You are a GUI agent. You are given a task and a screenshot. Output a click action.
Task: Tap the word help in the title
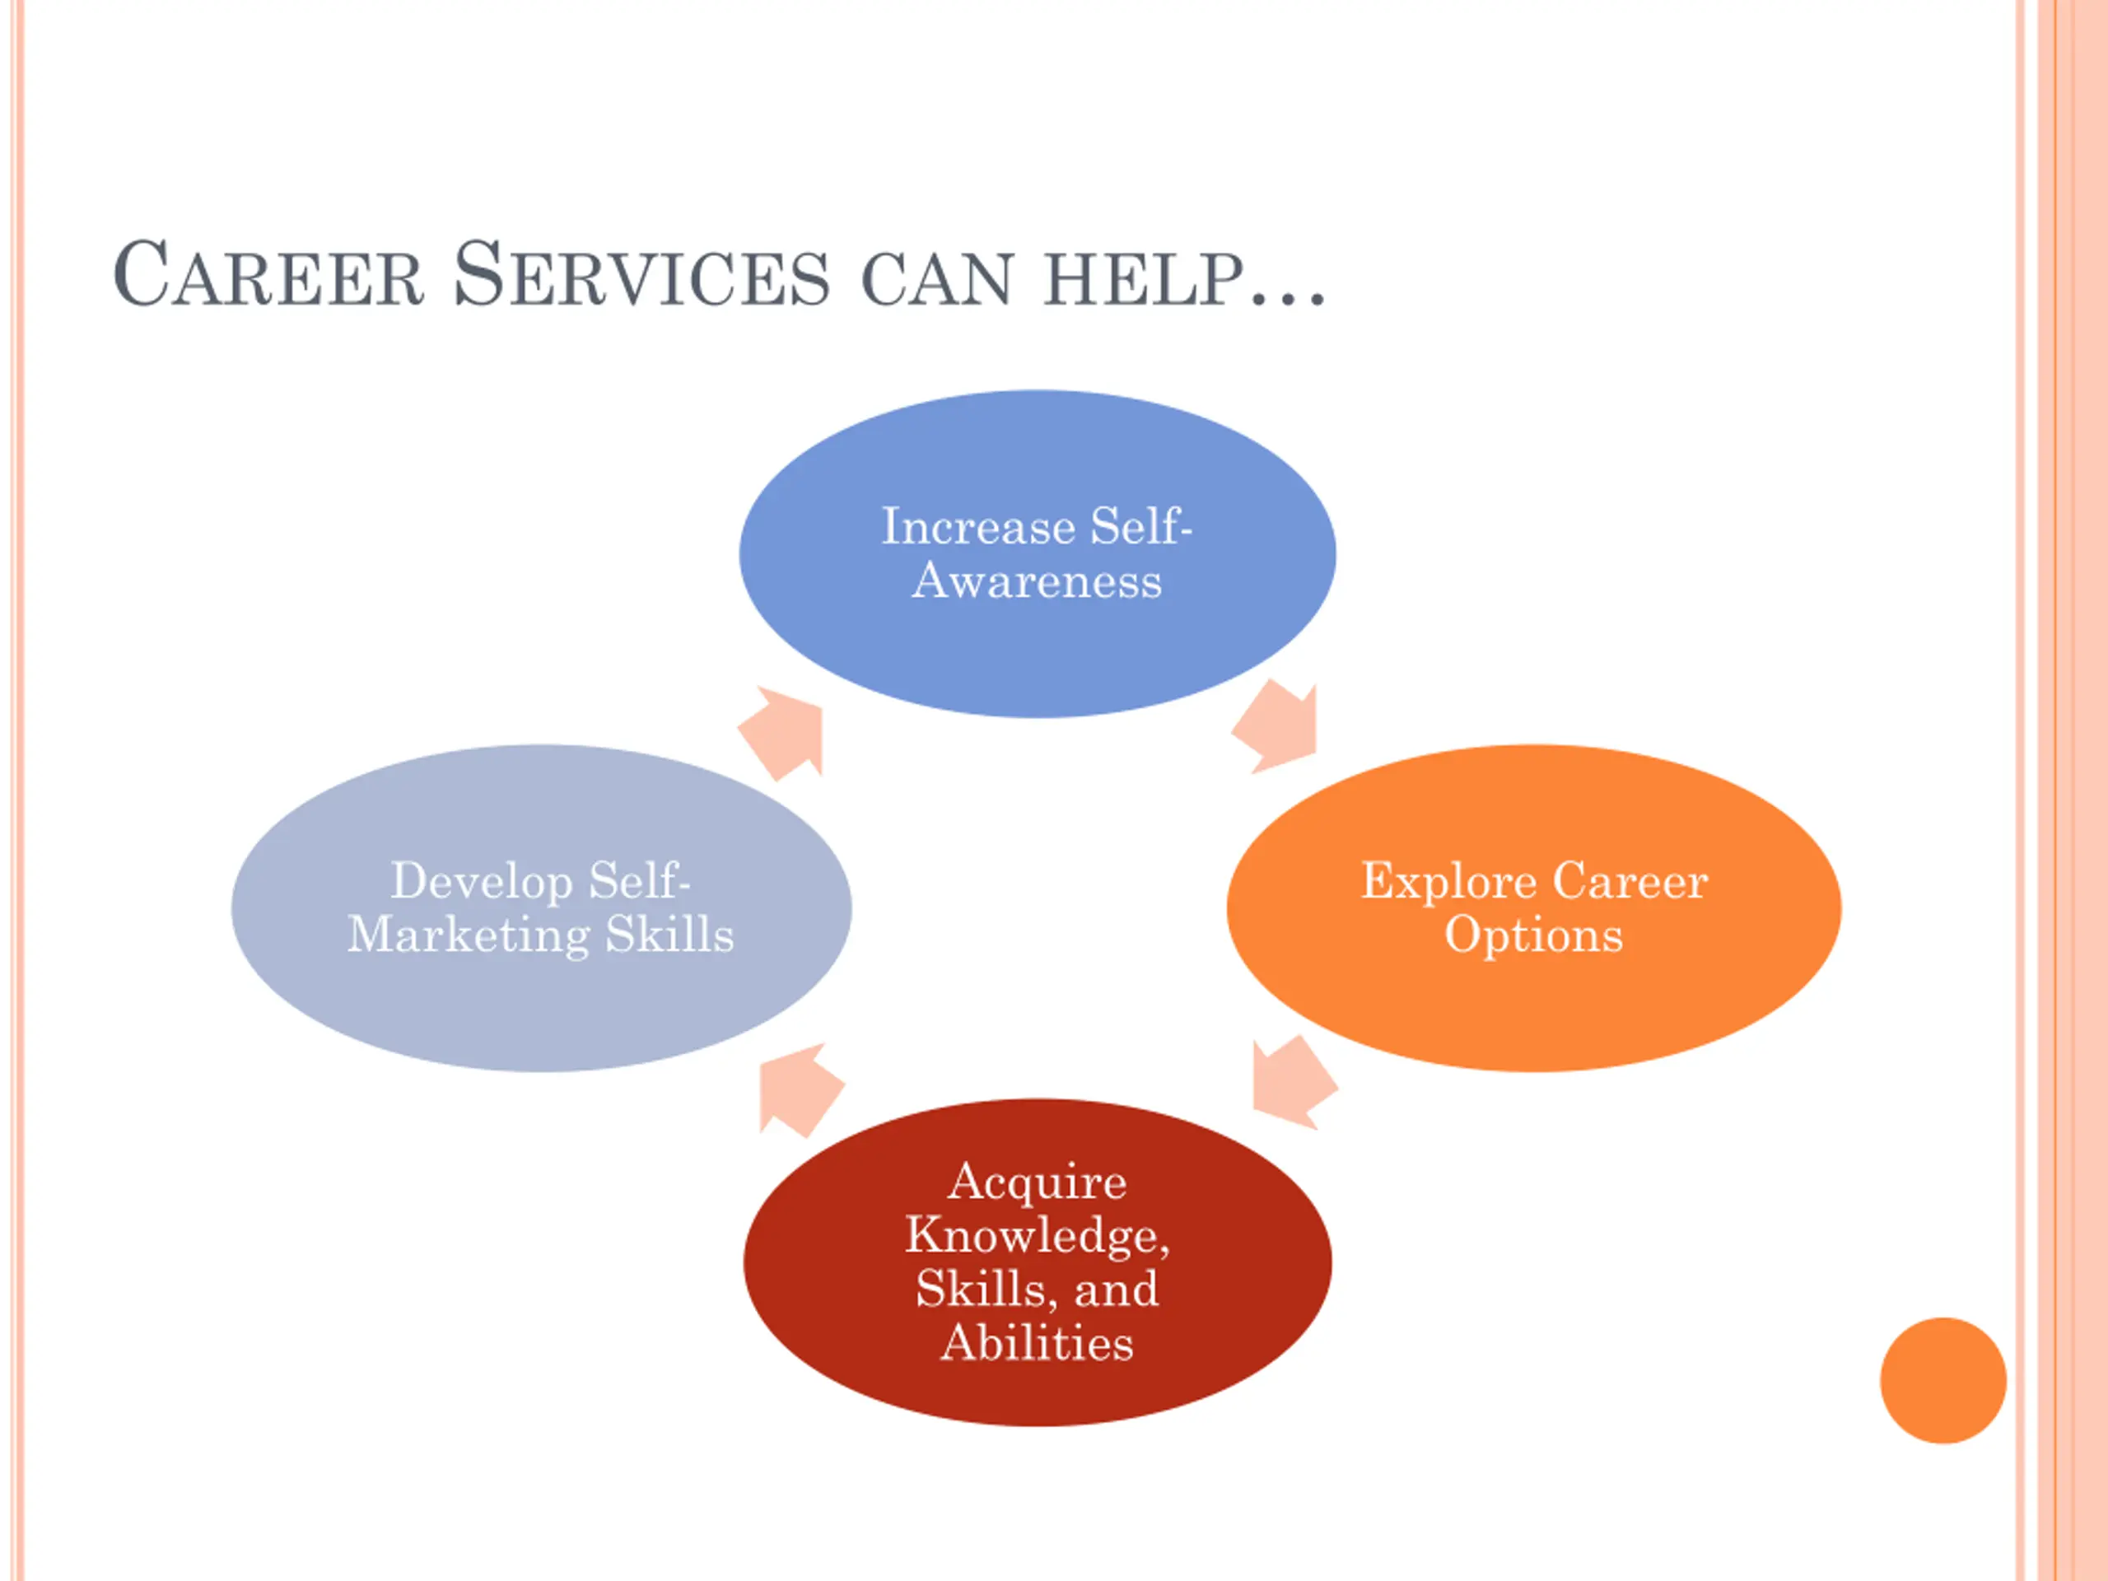1145,279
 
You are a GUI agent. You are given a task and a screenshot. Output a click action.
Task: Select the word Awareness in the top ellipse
1037,581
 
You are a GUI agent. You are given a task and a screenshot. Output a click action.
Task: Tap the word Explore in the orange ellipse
1448,882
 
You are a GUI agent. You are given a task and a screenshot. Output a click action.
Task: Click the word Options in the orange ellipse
1533,935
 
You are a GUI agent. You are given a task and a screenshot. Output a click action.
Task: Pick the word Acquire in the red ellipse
1037,1183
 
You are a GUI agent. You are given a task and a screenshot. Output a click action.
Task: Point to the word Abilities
1037,1343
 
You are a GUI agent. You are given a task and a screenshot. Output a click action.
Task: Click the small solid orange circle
1943,1380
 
